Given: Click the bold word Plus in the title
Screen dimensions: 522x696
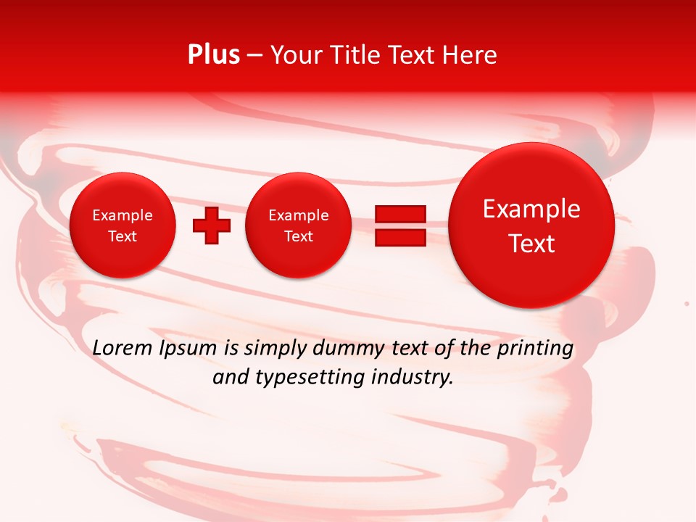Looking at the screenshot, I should (x=213, y=55).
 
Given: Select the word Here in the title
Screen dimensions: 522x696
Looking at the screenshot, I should (x=469, y=55).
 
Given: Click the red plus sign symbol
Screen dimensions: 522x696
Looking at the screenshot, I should (x=212, y=225).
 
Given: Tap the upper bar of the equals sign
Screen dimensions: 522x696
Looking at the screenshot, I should (x=399, y=214).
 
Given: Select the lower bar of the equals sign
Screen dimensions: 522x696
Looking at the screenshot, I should (x=399, y=237).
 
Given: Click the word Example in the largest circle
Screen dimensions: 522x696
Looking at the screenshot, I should (x=531, y=209).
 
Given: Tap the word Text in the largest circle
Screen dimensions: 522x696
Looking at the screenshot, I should (x=531, y=244).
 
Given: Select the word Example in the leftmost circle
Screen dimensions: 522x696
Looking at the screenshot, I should (x=123, y=215).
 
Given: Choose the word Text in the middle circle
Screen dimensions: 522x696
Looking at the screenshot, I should (x=298, y=236).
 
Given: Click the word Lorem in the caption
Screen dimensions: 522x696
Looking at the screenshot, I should (x=123, y=348).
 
